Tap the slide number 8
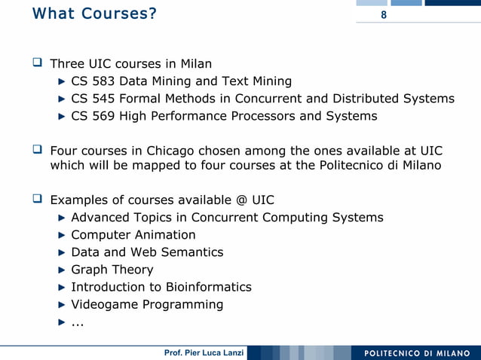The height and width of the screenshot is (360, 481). pos(384,16)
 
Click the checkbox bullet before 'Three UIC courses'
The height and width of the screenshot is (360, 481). pos(37,63)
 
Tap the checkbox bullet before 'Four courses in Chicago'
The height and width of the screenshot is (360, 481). pos(37,150)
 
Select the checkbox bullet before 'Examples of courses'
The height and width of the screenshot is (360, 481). pos(37,200)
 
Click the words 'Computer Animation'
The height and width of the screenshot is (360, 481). pos(133,235)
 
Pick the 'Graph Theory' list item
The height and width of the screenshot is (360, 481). pos(112,270)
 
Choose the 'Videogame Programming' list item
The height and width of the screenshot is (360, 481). pos(147,304)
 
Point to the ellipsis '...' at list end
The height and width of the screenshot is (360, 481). pos(77,323)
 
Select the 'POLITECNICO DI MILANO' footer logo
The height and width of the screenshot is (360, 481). pos(416,352)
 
